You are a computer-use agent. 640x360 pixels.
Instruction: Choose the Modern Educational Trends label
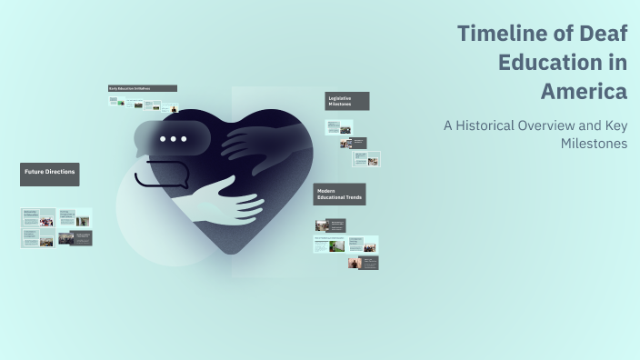coord(339,194)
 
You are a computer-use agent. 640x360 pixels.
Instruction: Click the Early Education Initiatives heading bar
coord(142,88)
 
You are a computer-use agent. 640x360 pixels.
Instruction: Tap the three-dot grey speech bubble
coord(172,139)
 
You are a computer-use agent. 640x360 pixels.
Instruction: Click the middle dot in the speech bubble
coord(173,139)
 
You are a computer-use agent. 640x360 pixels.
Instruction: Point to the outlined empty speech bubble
coord(160,174)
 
